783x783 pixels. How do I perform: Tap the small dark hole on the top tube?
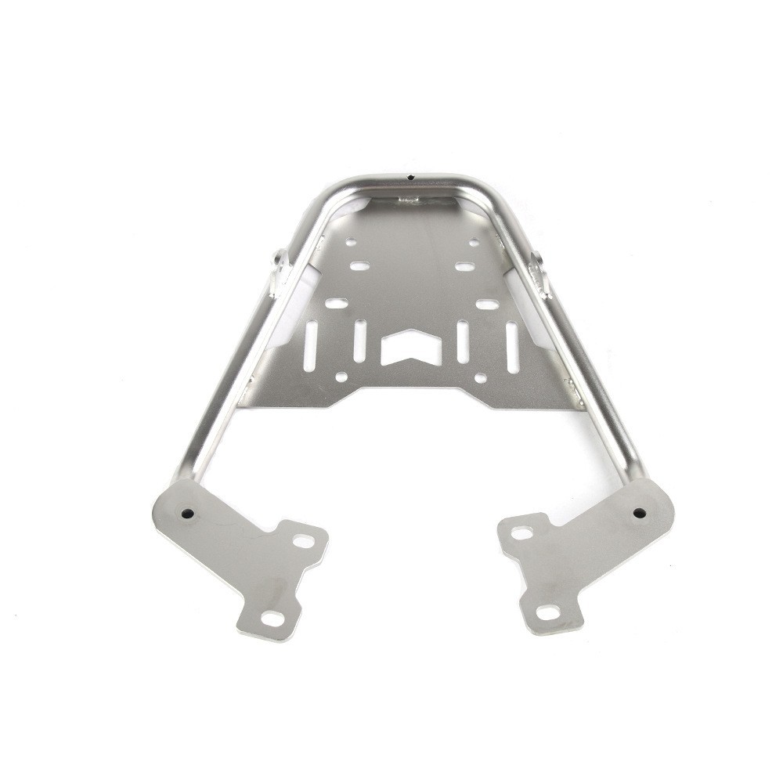[x=410, y=177]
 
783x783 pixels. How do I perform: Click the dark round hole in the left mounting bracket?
[x=187, y=514]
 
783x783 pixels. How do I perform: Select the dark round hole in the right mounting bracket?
[x=640, y=513]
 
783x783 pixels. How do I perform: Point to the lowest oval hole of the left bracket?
[x=272, y=619]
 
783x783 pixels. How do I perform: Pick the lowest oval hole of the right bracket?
[x=548, y=612]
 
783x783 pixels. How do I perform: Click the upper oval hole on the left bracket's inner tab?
[x=302, y=540]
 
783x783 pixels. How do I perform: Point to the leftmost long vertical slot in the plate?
[x=311, y=344]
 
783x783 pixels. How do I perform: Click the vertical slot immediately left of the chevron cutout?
[x=359, y=341]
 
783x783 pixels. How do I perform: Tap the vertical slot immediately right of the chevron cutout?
[x=463, y=341]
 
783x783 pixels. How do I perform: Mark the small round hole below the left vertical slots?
[x=341, y=377]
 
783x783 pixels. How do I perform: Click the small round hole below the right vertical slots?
[x=481, y=378]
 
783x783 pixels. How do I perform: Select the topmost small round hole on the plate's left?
[x=351, y=243]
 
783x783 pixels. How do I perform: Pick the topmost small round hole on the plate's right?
[x=474, y=244]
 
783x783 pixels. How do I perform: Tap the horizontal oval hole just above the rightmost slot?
[x=487, y=304]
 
